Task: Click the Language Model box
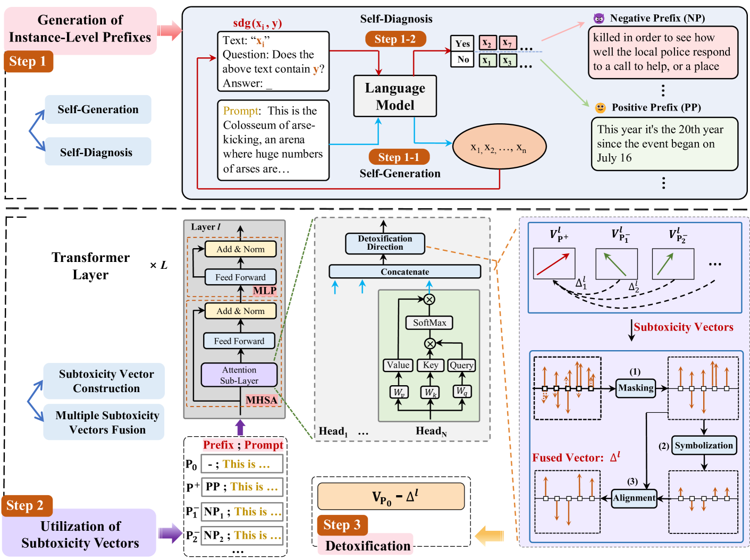(x=394, y=96)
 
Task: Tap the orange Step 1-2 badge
(x=395, y=39)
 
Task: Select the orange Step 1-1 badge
(x=399, y=157)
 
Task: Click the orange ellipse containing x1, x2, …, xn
(x=499, y=147)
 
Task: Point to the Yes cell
(x=462, y=44)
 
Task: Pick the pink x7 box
(x=508, y=43)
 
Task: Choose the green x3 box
(x=508, y=61)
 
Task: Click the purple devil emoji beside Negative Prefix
(x=599, y=18)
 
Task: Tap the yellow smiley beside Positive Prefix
(x=600, y=107)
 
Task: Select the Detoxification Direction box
(x=385, y=243)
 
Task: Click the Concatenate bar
(x=405, y=271)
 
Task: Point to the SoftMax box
(x=429, y=323)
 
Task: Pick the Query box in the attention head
(x=461, y=365)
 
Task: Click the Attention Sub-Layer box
(x=239, y=375)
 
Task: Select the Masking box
(x=636, y=388)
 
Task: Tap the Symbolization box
(x=704, y=445)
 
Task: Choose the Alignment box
(x=634, y=498)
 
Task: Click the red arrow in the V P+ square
(x=553, y=264)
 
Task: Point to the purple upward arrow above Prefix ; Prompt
(x=240, y=427)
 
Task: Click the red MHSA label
(x=262, y=400)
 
